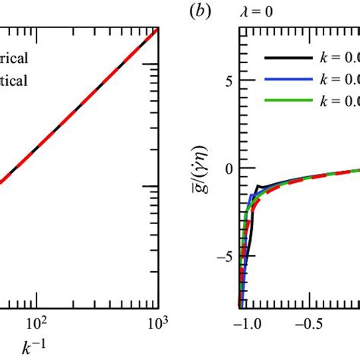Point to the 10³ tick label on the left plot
click(x=156, y=321)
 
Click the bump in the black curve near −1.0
click(x=258, y=186)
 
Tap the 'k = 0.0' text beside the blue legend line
click(x=338, y=78)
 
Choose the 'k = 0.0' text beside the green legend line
click(x=338, y=100)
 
